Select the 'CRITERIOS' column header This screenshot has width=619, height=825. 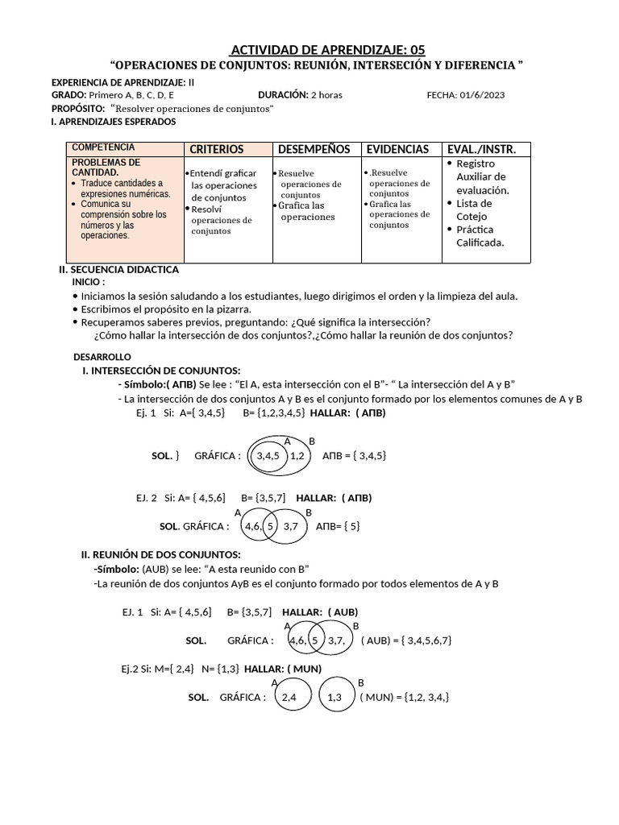click(x=216, y=149)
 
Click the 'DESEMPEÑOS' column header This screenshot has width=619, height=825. click(x=314, y=149)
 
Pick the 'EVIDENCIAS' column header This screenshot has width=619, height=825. click(x=397, y=149)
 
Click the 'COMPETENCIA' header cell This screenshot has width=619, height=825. click(x=103, y=147)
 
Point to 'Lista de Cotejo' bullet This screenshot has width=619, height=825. click(x=474, y=209)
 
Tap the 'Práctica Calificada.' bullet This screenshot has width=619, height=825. click(x=480, y=236)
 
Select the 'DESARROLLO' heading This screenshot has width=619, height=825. click(x=102, y=357)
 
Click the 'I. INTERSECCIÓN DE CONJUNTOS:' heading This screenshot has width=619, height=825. click(x=161, y=370)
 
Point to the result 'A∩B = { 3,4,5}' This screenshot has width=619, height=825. click(x=355, y=455)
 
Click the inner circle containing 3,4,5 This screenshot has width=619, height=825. click(x=267, y=456)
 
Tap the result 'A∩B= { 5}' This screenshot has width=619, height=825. click(x=338, y=526)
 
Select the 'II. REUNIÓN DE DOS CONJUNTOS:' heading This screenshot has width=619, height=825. click(x=160, y=554)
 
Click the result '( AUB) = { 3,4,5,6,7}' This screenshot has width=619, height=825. click(x=406, y=640)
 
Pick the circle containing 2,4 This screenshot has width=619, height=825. click(x=290, y=698)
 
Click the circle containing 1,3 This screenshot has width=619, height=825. click(x=335, y=698)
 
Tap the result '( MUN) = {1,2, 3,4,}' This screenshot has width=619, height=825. click(x=404, y=697)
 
